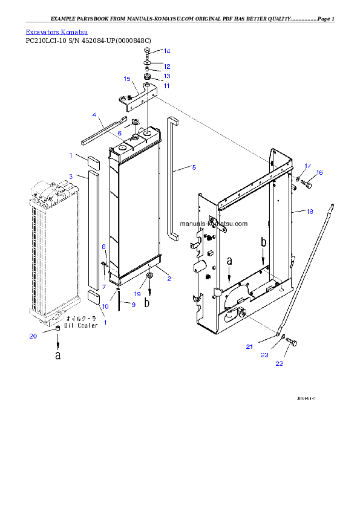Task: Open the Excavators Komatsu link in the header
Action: click(57, 31)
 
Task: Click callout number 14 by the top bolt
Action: click(167, 51)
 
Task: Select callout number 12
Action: click(167, 66)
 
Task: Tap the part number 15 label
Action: click(127, 79)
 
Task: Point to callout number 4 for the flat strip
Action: click(94, 114)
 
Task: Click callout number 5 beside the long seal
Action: click(194, 167)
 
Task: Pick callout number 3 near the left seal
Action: click(71, 176)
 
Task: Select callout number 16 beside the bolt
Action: click(319, 173)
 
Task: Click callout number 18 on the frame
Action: click(310, 212)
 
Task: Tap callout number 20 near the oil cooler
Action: click(33, 336)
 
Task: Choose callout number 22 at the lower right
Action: click(279, 363)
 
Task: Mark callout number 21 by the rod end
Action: click(249, 346)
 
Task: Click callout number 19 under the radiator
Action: click(137, 293)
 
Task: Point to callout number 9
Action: click(134, 304)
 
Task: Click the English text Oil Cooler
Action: click(81, 326)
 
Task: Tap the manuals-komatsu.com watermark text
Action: click(214, 224)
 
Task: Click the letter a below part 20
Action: click(58, 355)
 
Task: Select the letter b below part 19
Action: click(147, 303)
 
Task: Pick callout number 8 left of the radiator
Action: click(103, 247)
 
